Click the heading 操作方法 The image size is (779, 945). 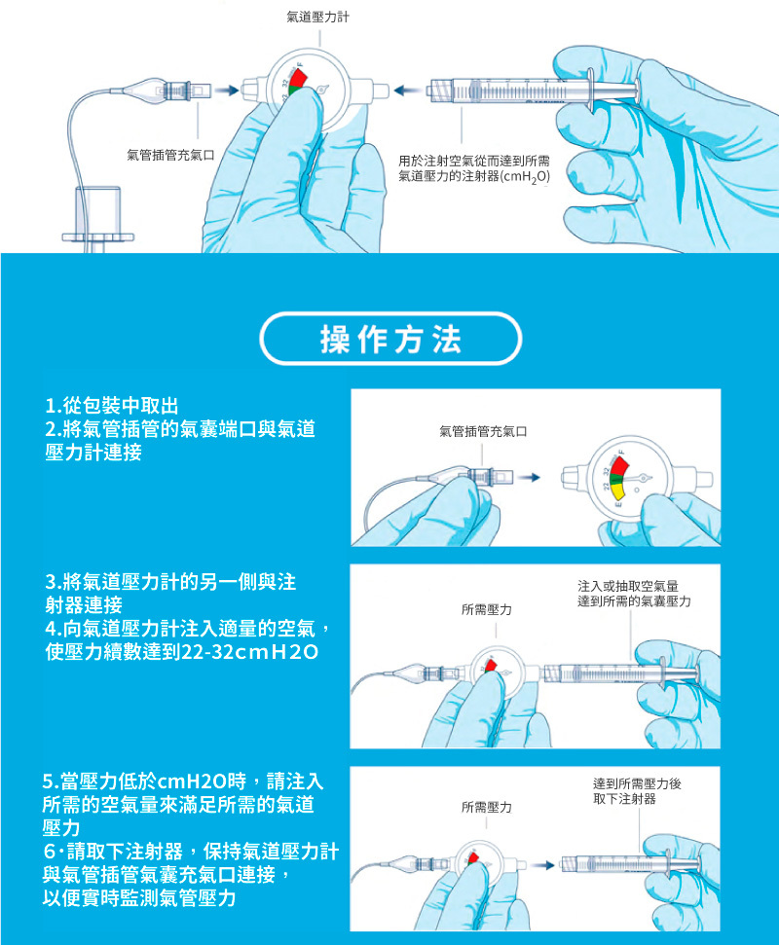[390, 340]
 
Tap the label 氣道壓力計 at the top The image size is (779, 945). [317, 17]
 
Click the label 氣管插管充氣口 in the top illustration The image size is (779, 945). [170, 156]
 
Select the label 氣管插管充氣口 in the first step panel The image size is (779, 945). [484, 431]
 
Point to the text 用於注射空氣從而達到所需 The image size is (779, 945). [474, 161]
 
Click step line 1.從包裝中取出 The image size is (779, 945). [112, 406]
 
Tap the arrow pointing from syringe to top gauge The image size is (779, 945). [408, 91]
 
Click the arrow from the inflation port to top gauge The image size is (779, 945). [227, 91]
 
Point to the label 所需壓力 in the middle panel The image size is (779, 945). [487, 610]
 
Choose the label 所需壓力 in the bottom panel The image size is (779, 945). [487, 807]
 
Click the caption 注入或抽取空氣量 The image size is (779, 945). [628, 586]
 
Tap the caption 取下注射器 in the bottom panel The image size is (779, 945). [624, 799]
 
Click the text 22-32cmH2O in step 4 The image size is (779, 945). [249, 652]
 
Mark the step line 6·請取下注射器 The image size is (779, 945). [113, 851]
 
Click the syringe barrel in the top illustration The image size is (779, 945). [506, 91]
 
